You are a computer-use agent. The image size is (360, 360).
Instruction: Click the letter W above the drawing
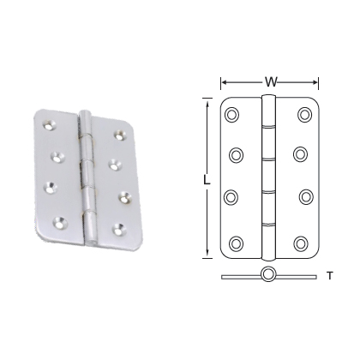coord(270,82)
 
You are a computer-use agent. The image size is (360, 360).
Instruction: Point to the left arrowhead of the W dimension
coord(225,83)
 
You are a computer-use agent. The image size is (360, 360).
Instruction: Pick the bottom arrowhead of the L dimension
coord(206,255)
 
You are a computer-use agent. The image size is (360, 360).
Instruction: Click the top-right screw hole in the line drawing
coord(304,114)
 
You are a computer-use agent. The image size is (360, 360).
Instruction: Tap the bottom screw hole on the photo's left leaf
coord(60,222)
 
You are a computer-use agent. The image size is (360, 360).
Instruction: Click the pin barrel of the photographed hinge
coord(87,171)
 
